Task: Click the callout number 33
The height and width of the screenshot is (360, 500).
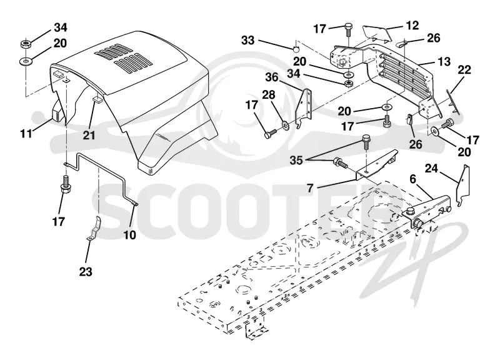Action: tap(247, 41)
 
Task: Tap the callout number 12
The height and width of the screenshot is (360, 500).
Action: tap(412, 25)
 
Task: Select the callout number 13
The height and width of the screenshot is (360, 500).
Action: tap(444, 61)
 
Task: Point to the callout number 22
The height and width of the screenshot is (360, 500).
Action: tap(464, 69)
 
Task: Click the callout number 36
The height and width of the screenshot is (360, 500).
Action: tap(272, 77)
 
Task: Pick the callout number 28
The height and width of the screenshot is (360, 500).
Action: tap(269, 95)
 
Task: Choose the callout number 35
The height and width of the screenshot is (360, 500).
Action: tap(296, 160)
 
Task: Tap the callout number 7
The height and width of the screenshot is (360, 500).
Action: tap(310, 188)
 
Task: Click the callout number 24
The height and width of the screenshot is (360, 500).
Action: tap(431, 168)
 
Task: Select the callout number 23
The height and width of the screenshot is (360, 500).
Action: tap(86, 272)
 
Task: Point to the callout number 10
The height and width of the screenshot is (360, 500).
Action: tap(130, 235)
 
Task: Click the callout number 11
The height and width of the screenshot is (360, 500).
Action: tap(26, 133)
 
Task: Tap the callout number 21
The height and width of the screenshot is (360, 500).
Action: tap(89, 135)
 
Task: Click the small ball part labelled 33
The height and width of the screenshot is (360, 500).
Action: tap(296, 49)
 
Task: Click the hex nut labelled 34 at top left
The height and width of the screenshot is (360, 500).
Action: tap(26, 44)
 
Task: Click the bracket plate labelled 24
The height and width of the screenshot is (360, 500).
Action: tap(463, 185)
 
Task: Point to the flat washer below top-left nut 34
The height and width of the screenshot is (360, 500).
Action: tap(26, 60)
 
